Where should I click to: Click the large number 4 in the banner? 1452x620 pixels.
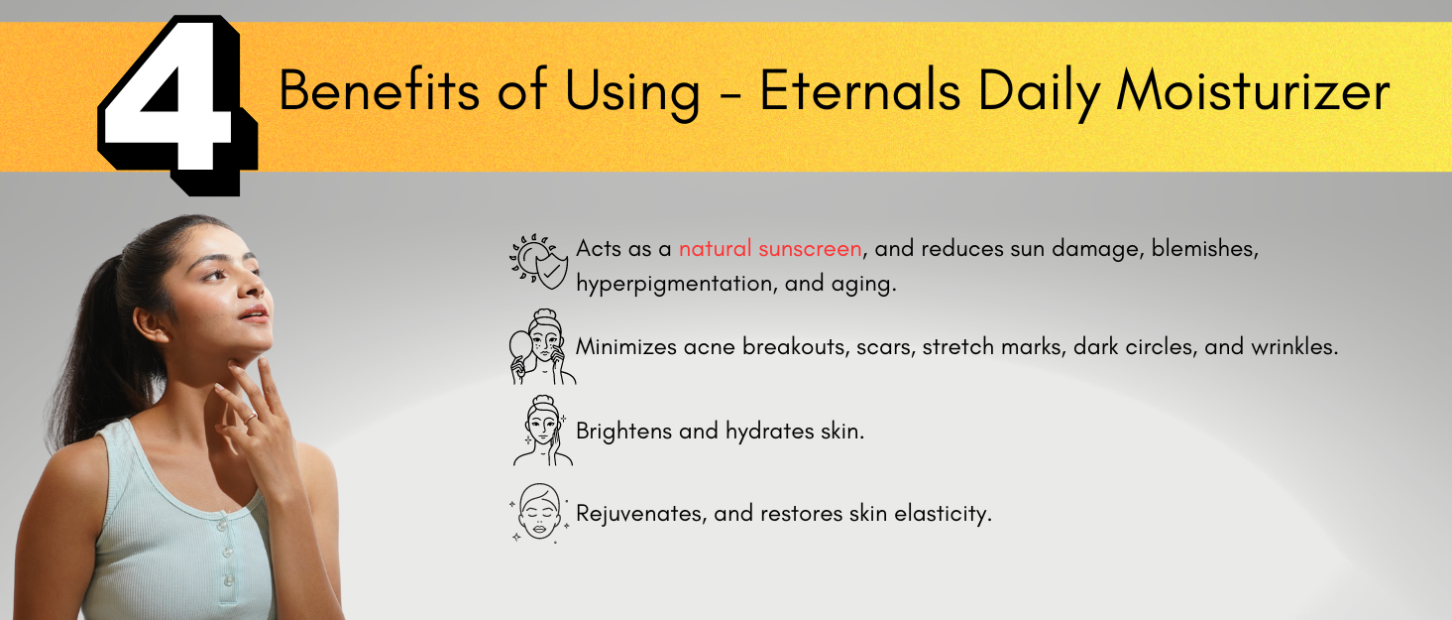pos(176,104)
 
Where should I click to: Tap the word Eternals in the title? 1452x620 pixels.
pos(859,90)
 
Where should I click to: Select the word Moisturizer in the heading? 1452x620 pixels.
pos(1253,90)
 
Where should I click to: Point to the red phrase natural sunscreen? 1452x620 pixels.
pos(770,248)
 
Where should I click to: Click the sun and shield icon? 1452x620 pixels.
pos(538,261)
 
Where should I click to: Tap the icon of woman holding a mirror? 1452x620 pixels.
pos(542,347)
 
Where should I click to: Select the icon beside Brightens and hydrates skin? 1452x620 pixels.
pos(542,431)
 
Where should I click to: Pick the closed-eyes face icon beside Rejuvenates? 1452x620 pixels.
pos(539,512)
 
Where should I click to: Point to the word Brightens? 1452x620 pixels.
pos(623,432)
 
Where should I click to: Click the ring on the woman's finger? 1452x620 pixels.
pos(251,418)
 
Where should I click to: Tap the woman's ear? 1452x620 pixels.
pos(151,322)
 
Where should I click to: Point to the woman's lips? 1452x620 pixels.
pos(255,314)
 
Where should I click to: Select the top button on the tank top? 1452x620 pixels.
pos(222,525)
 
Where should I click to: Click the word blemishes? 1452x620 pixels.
pos(1204,249)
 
